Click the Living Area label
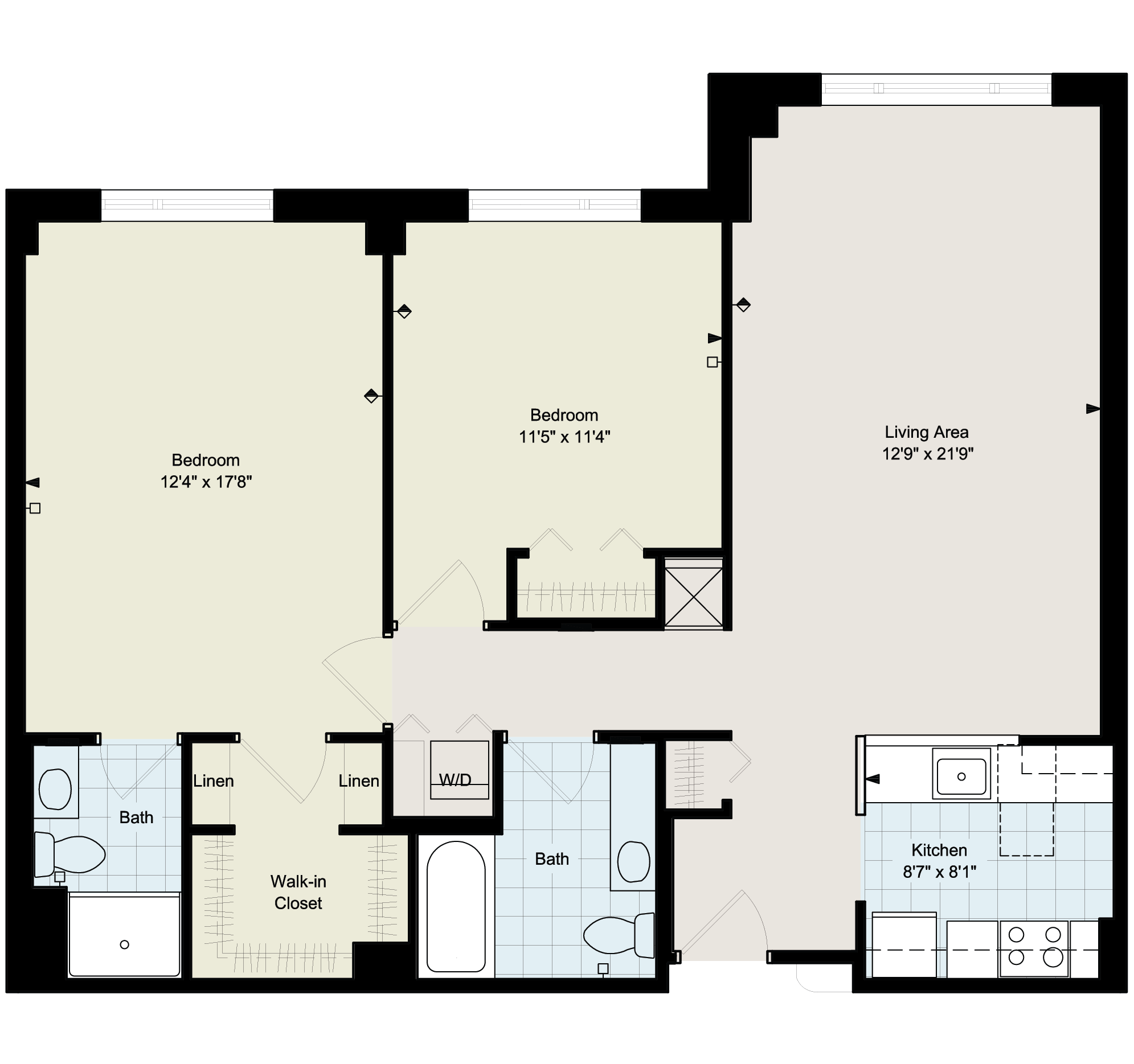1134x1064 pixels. pyautogui.click(x=926, y=432)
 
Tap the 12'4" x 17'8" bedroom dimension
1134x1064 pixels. pyautogui.click(x=206, y=482)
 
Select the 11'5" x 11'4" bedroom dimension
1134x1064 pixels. pyautogui.click(x=564, y=437)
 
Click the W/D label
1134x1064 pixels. pyautogui.click(x=455, y=780)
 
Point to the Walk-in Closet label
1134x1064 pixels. pyautogui.click(x=298, y=893)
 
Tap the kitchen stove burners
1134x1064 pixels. pyautogui.click(x=1034, y=950)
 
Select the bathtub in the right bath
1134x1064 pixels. pyautogui.click(x=456, y=907)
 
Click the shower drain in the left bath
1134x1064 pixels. pyautogui.click(x=124, y=945)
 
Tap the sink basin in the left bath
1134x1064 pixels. pyautogui.click(x=55, y=789)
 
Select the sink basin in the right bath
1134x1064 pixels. pyautogui.click(x=634, y=861)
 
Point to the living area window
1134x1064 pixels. pyautogui.click(x=936, y=89)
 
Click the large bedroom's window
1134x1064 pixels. pyautogui.click(x=187, y=205)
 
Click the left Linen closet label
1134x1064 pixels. pyautogui.click(x=214, y=780)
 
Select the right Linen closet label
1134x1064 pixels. pyautogui.click(x=359, y=780)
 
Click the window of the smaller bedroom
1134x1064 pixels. pyautogui.click(x=554, y=205)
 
